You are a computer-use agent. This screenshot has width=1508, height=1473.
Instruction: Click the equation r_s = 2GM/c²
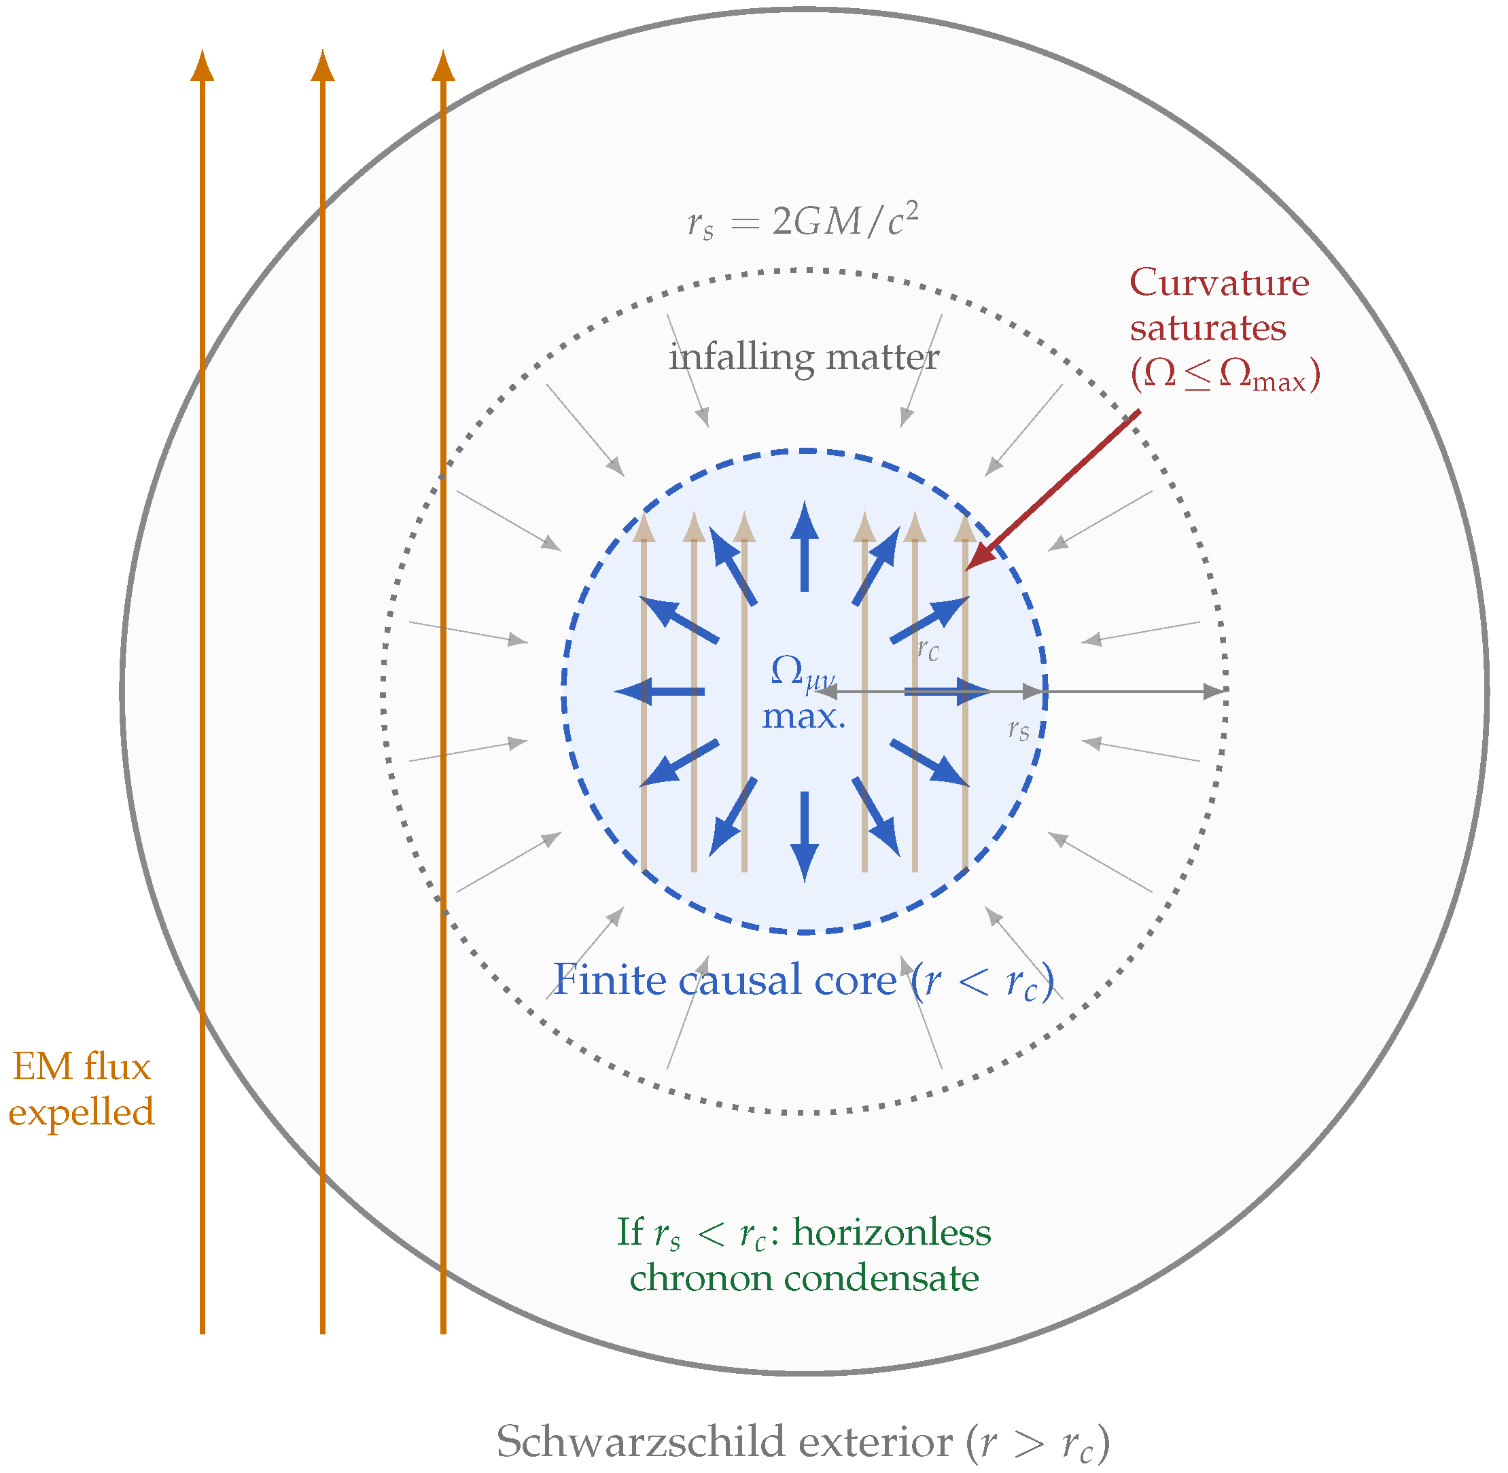coord(803,223)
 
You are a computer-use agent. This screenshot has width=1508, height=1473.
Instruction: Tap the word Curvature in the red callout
coord(1218,283)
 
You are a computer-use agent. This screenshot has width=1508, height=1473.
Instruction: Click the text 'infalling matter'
coord(803,357)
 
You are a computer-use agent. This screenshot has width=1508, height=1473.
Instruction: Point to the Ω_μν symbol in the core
coord(802,671)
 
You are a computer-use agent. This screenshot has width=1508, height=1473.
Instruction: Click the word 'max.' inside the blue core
coord(803,716)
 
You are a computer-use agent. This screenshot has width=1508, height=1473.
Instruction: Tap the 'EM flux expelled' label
coord(82,1088)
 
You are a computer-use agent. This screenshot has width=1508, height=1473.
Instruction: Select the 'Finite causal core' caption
coord(803,981)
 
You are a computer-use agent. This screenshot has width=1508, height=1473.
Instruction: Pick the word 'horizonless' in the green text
coord(892,1232)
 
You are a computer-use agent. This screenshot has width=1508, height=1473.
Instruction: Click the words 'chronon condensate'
coord(803,1278)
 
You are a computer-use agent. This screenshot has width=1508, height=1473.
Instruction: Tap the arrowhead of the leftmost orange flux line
coord(202,66)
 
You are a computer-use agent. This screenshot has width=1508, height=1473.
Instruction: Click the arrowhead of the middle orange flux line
coord(323,66)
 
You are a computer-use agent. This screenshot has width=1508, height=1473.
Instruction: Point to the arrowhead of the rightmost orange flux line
coord(443,66)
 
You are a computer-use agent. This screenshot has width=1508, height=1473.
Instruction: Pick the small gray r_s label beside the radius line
coord(1018,729)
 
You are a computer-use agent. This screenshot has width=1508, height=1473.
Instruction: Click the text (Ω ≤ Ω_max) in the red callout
coord(1225,376)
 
